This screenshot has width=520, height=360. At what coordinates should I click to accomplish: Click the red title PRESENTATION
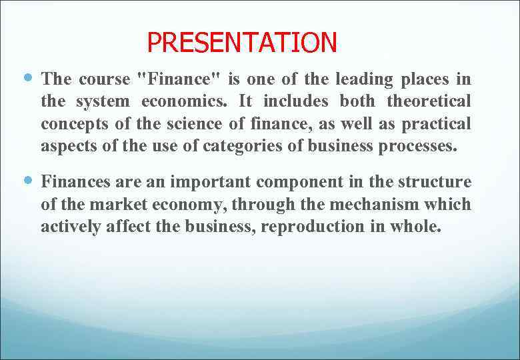tap(242, 43)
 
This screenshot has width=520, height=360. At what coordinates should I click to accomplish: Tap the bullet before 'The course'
tap(27, 79)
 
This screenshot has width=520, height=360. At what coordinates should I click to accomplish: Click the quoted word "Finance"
tap(179, 79)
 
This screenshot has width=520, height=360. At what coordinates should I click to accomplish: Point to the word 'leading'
tap(364, 79)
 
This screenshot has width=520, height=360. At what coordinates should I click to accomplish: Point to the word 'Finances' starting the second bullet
tap(75, 182)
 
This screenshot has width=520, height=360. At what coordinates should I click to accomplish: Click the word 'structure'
tap(435, 182)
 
